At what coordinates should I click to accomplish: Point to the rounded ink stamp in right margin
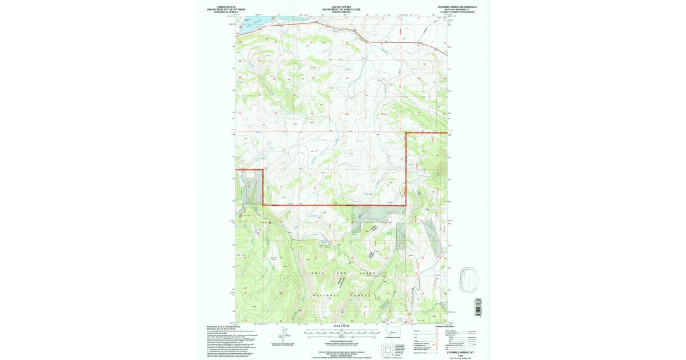(x=469, y=278)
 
